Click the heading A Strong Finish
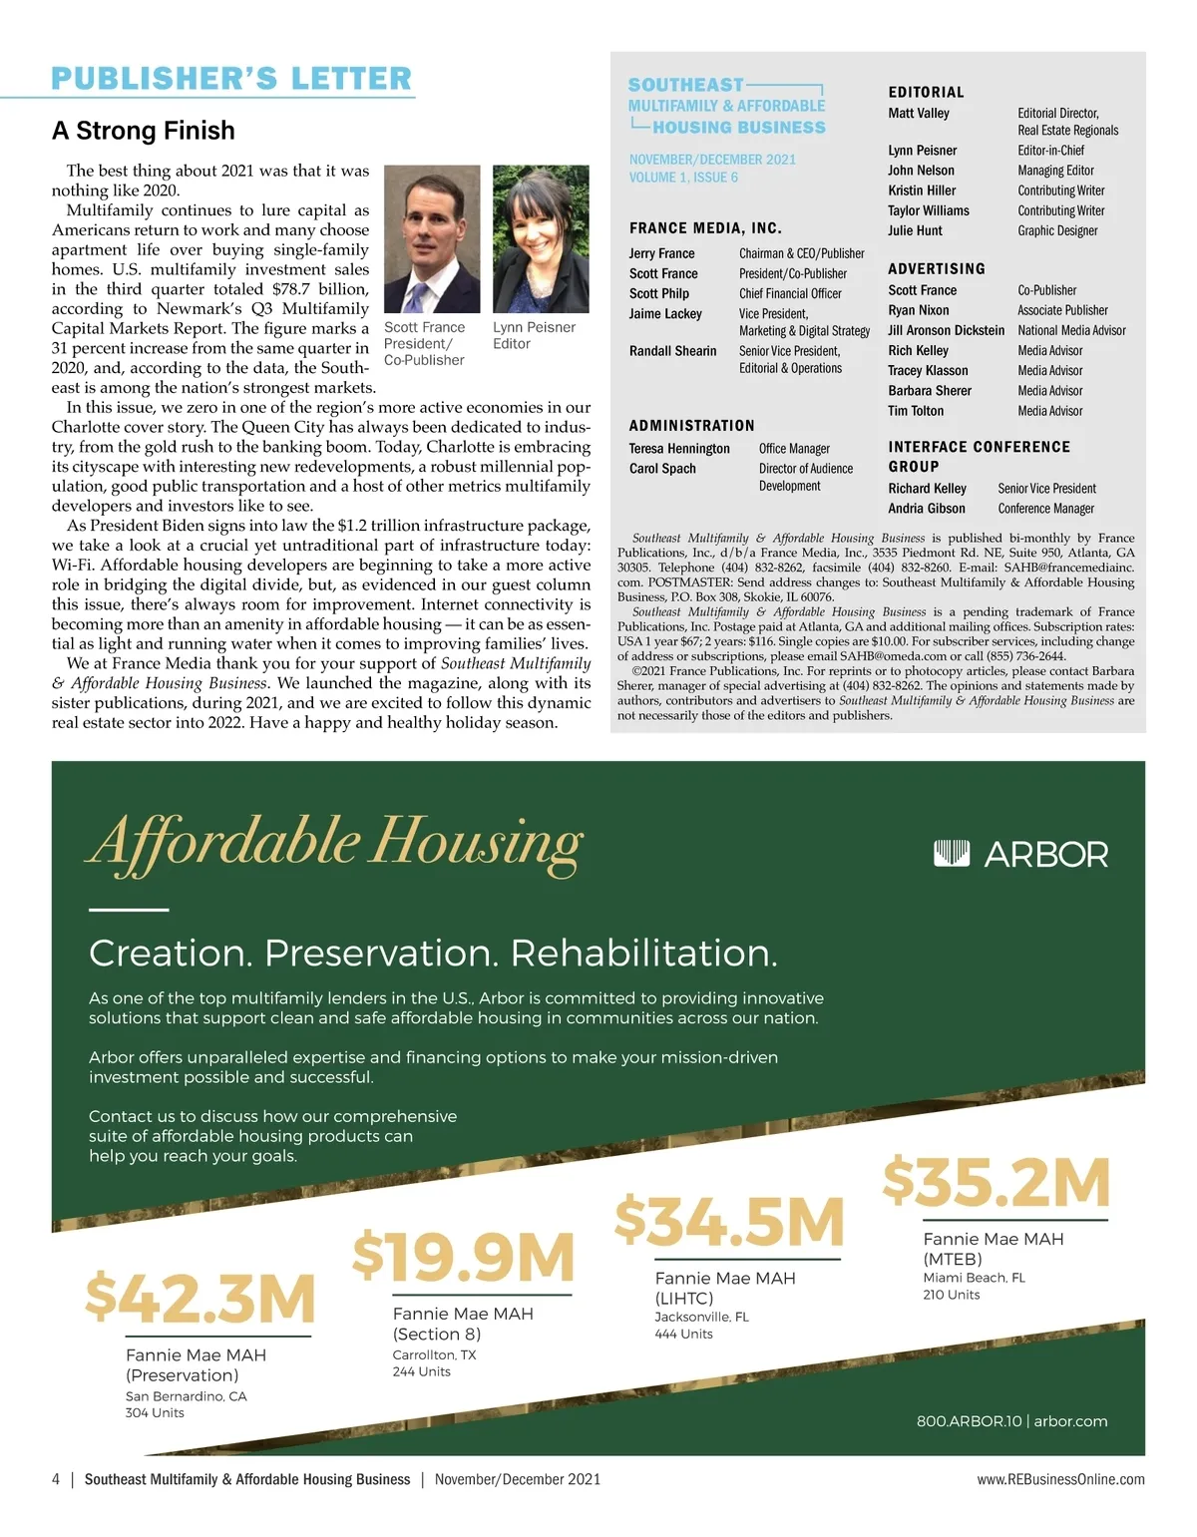(x=144, y=131)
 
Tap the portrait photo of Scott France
(x=431, y=239)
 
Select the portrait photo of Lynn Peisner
(x=535, y=239)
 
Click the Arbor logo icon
(x=951, y=854)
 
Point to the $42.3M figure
(x=199, y=1298)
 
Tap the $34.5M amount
(x=729, y=1222)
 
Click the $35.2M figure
(x=997, y=1182)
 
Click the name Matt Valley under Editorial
(x=919, y=114)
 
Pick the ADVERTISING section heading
(x=937, y=269)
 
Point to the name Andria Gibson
(x=927, y=509)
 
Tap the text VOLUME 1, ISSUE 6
(x=683, y=178)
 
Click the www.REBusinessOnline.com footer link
(x=1060, y=1479)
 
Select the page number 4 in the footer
(x=56, y=1479)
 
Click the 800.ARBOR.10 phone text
(x=969, y=1421)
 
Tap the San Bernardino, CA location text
(x=186, y=1396)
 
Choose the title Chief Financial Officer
(x=790, y=294)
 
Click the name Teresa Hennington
(x=679, y=449)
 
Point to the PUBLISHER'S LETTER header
(x=231, y=79)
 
